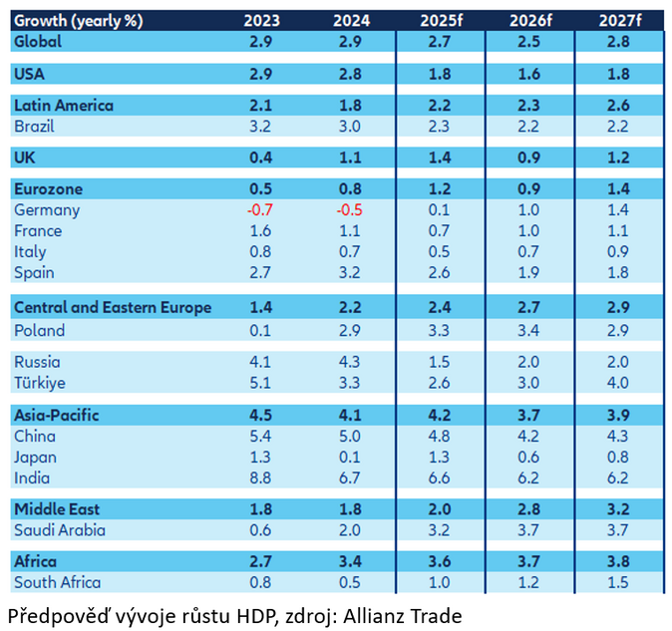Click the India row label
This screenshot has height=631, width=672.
[33, 477]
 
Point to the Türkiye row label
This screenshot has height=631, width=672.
[40, 383]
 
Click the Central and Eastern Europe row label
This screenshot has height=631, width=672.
[112, 308]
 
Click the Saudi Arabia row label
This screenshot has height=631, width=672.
[59, 530]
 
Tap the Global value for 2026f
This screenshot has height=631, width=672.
[529, 42]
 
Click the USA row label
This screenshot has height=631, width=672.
[29, 74]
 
